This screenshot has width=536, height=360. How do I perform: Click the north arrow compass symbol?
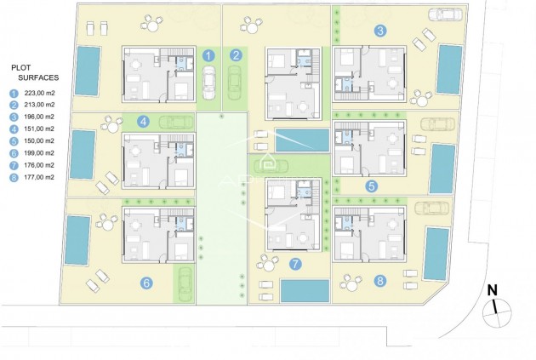(x=491, y=310)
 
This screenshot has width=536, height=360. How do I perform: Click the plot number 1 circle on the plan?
(x=209, y=57)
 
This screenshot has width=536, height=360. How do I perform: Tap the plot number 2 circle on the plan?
(x=237, y=57)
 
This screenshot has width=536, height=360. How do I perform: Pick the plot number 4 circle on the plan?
(x=144, y=122)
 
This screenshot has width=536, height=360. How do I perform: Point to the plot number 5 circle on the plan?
(x=371, y=185)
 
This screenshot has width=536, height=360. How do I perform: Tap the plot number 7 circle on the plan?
(x=294, y=263)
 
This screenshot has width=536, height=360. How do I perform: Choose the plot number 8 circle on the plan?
(x=379, y=280)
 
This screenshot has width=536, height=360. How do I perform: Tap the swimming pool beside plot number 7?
(x=304, y=292)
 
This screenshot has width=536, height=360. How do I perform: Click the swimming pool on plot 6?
(x=77, y=239)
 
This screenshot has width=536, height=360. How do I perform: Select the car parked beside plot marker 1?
(x=209, y=83)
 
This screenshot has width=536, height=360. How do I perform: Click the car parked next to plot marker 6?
(x=183, y=282)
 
